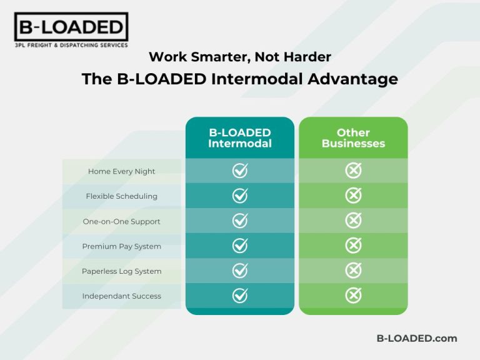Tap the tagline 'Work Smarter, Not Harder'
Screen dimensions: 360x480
240,57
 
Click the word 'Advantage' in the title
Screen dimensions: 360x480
354,79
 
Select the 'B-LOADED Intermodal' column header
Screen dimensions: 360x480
240,137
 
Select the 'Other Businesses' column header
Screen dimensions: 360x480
353,137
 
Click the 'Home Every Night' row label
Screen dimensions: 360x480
122,171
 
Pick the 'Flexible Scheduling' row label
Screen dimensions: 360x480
122,196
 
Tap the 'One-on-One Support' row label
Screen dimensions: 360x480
122,221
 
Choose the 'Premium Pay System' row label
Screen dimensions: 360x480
122,246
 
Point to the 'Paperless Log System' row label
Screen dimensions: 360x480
122,271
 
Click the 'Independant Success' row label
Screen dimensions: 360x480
122,296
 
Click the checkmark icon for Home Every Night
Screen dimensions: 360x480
240,171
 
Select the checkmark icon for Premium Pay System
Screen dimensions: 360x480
240,246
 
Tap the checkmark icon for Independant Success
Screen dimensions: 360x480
240,296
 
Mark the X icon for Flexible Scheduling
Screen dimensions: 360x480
353,196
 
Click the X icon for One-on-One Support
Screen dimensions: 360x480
353,221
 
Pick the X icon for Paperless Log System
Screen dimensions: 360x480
353,271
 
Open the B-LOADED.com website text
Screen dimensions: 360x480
416,338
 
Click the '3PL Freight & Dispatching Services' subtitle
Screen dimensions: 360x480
71,45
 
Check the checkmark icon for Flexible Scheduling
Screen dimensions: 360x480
240,196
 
